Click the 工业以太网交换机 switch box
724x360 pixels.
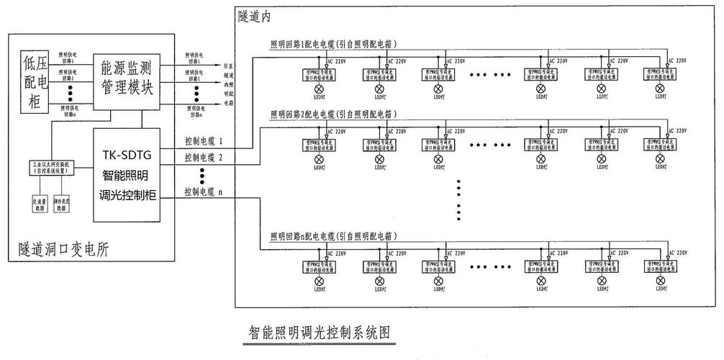coord(49,167)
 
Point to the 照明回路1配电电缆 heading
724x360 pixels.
coord(334,44)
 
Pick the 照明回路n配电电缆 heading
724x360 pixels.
coord(334,235)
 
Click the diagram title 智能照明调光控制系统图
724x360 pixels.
coord(319,333)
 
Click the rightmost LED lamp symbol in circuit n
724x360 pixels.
coord(660,282)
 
